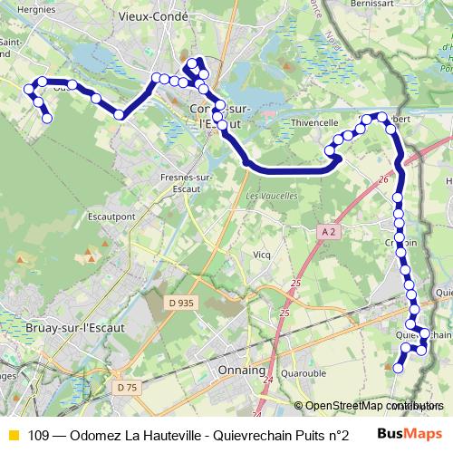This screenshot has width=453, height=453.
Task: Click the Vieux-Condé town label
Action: coord(148,16)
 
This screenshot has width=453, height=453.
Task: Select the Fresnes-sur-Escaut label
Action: coord(185,182)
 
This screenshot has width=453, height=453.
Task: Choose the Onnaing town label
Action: coord(239,371)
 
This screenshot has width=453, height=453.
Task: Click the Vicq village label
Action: coord(262,255)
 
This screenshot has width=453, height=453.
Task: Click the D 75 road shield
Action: coord(128,388)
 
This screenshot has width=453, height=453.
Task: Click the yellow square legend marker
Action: coord(13,434)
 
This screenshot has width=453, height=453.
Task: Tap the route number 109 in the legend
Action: coord(38,434)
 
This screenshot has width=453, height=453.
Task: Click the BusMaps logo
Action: coord(410,433)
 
